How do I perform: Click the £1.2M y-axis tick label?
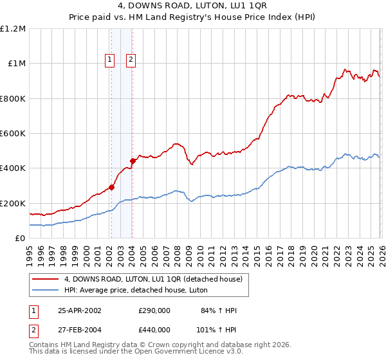click(x=13, y=29)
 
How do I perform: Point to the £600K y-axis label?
click(x=13, y=134)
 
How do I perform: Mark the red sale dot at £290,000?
click(x=111, y=188)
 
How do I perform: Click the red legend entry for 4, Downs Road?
click(x=153, y=279)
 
